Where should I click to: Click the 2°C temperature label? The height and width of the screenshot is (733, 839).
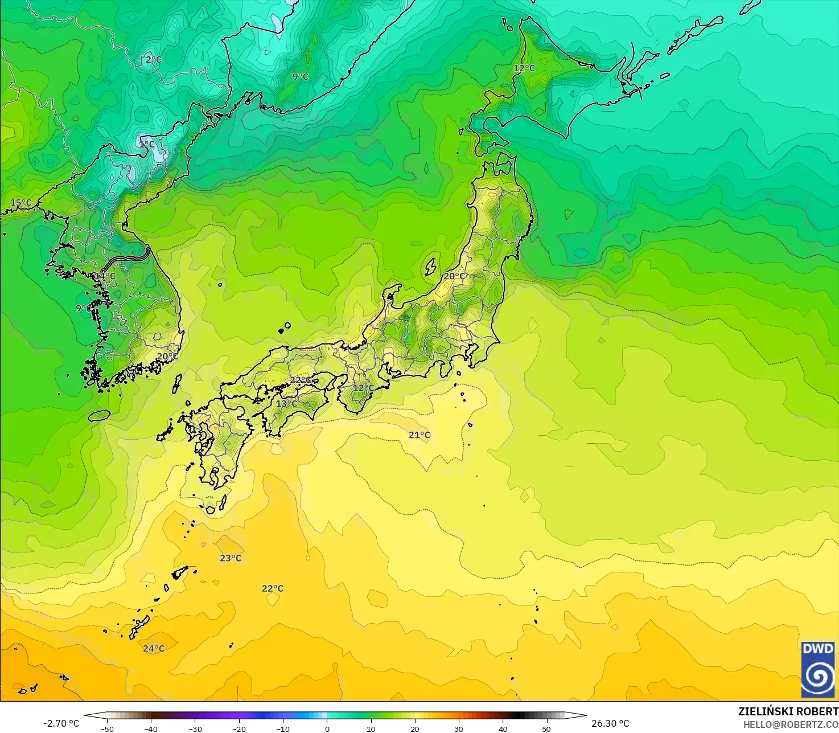(x=154, y=60)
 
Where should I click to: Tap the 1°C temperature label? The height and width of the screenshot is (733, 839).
(x=146, y=145)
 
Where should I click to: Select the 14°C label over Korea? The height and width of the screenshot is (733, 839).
(x=105, y=277)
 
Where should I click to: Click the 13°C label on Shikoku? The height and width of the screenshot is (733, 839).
(x=286, y=404)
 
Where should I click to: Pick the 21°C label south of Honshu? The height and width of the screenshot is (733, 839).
(x=419, y=435)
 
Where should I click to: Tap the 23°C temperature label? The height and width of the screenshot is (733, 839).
(x=231, y=558)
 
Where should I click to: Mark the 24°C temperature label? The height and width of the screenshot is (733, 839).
(x=154, y=649)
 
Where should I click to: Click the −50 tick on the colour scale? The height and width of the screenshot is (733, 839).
(x=107, y=728)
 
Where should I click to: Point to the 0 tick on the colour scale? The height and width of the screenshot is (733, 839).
(x=327, y=728)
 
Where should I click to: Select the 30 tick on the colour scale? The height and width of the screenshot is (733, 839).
(x=459, y=728)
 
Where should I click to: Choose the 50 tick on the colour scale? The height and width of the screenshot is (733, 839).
(x=546, y=728)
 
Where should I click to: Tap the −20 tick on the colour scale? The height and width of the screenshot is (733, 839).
(x=239, y=728)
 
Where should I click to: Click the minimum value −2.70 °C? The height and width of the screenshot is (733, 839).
(x=61, y=723)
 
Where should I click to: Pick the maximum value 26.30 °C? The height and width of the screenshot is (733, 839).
(x=610, y=723)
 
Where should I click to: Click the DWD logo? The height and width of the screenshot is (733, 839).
(x=818, y=669)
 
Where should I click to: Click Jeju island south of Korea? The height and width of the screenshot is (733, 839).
(x=100, y=416)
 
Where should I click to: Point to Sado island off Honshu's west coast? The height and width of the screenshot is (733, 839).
(x=431, y=266)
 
